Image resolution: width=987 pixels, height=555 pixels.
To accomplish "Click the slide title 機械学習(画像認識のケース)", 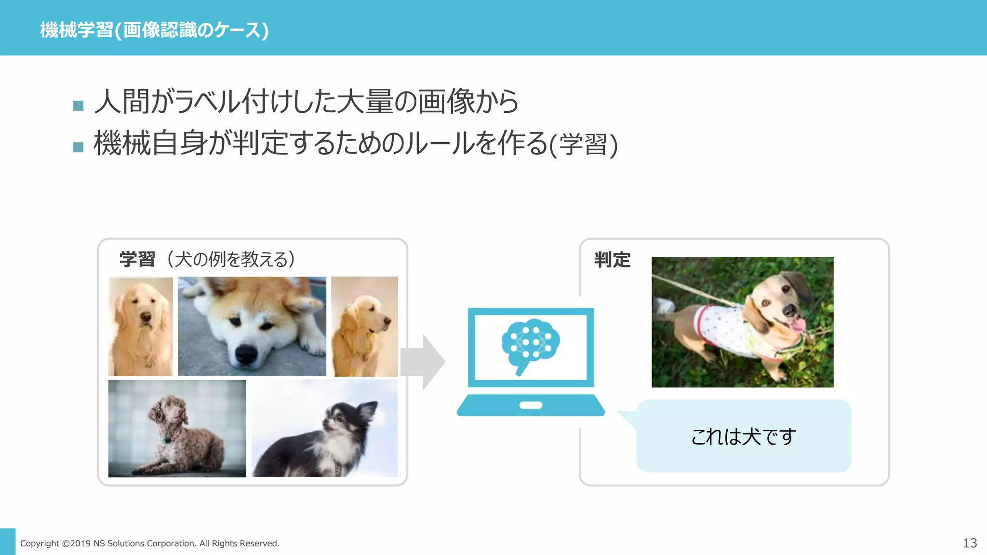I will [x=154, y=30].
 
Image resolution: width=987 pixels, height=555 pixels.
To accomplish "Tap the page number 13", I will [x=969, y=543].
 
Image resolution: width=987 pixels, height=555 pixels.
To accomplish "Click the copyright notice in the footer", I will [x=149, y=543].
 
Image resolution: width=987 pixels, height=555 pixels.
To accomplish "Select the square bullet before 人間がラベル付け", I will [x=78, y=106].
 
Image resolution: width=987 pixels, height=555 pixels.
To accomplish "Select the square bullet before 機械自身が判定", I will [x=78, y=147].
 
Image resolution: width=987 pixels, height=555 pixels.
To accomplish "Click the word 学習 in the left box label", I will [x=137, y=259].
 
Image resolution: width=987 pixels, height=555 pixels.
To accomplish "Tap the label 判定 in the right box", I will [x=612, y=260].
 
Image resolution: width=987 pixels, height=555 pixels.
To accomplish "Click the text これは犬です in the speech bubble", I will [x=743, y=436].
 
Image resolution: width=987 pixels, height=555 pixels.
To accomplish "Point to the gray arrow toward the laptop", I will [x=423, y=361].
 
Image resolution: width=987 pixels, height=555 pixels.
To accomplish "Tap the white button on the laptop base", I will [x=531, y=405].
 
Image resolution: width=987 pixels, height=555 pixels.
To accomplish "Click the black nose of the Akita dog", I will [x=246, y=355].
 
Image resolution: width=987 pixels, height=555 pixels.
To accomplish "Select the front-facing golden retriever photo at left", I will [x=140, y=326].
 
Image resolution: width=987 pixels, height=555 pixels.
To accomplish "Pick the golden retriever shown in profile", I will [x=364, y=326].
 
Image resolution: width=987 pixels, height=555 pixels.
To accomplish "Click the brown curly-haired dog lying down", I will [x=177, y=429].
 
